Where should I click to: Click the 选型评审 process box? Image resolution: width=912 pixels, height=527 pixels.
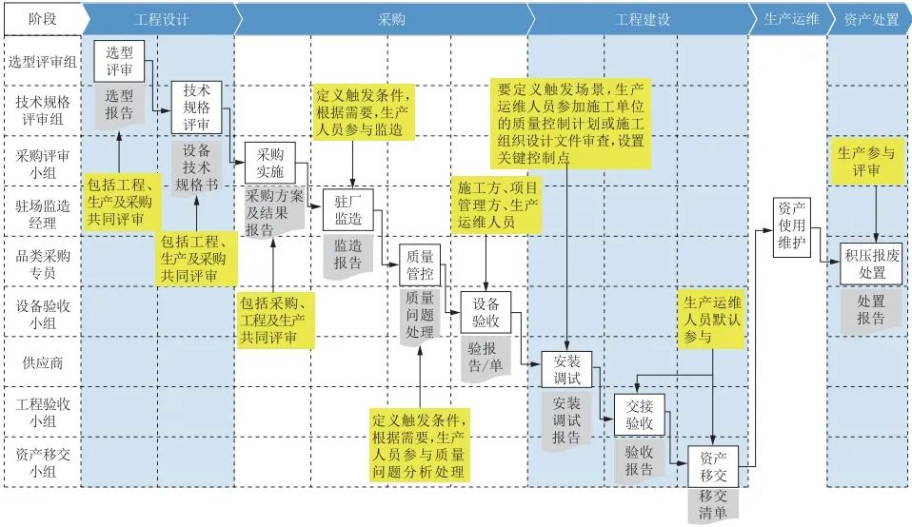point(119,61)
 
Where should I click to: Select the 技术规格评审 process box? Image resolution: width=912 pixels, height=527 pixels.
point(196,107)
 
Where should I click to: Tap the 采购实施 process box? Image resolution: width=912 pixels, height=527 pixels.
point(270,163)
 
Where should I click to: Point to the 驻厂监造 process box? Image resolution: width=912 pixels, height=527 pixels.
point(347,211)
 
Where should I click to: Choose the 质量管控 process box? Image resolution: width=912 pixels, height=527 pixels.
point(420,264)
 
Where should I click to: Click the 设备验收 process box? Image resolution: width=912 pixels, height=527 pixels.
point(486,311)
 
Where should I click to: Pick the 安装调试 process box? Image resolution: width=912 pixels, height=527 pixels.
point(566,370)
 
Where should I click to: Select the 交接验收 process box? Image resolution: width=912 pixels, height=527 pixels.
point(639,414)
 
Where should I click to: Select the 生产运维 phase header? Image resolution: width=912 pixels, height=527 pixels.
point(790,18)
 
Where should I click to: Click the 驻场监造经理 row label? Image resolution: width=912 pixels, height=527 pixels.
point(42,212)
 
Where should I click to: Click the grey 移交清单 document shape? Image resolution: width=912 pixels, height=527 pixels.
point(713,504)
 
